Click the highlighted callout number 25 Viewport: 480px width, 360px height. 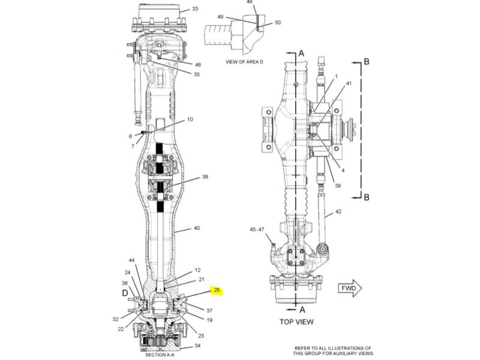tap(217, 290)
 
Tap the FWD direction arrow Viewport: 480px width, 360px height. tap(350, 288)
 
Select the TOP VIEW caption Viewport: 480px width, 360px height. tap(296, 322)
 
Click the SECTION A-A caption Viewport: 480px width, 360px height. tap(160, 355)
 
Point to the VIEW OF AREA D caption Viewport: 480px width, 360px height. tap(244, 62)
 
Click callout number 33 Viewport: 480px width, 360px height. tap(195, 9)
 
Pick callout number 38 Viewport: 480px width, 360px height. tap(205, 176)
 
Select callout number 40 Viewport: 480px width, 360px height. tap(197, 228)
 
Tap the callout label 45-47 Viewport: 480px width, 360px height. tap(257, 229)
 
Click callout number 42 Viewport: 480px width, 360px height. tap(338, 212)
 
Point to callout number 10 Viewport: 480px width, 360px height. tap(190, 119)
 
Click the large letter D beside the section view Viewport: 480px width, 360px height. tap(125, 293)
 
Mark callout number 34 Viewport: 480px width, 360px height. tap(198, 346)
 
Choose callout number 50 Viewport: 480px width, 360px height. tap(278, 23)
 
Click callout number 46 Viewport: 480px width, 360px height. tap(198, 65)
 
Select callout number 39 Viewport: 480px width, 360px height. tap(338, 185)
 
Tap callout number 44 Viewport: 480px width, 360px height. tap(131, 260)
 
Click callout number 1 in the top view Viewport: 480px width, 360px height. tap(336, 76)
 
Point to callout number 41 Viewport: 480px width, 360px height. tap(349, 83)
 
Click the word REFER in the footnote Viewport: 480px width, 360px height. tap(302, 348)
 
